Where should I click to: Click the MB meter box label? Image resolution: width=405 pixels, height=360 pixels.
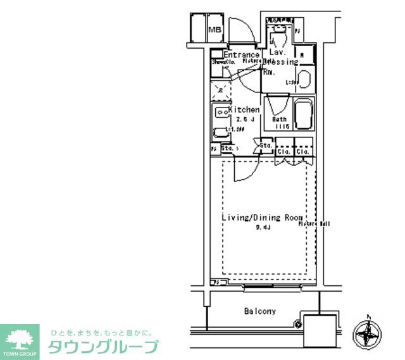click(215, 29)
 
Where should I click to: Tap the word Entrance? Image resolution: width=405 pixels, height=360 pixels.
click(242, 55)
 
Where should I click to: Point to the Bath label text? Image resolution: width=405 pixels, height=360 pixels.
click(279, 120)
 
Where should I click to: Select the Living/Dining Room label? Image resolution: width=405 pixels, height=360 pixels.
click(263, 218)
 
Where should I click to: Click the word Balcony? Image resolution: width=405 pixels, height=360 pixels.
click(260, 311)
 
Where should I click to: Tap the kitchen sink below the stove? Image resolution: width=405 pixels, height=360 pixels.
click(221, 133)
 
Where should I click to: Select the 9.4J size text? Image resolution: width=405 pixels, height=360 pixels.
click(263, 228)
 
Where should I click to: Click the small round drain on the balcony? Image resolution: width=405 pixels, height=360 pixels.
click(298, 325)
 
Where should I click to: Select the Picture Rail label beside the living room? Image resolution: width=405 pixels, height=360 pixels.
click(315, 223)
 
